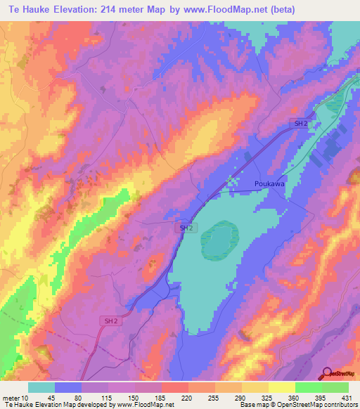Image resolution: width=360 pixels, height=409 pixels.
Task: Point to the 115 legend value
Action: [x=107, y=397]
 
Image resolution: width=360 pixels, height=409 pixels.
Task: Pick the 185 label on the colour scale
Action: [x=161, y=397]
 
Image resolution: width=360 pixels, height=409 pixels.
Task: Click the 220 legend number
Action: [x=188, y=397]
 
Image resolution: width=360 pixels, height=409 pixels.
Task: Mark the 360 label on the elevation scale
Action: [x=295, y=397]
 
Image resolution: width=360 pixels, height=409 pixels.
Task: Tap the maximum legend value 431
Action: [x=346, y=397]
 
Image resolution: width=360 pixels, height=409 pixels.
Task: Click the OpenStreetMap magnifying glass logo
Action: [x=328, y=375]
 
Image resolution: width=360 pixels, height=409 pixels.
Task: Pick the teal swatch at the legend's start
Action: [x=41, y=387]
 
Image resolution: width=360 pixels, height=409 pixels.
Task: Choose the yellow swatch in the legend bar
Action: [x=281, y=387]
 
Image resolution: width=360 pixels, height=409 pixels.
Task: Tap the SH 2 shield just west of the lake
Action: [x=185, y=228]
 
